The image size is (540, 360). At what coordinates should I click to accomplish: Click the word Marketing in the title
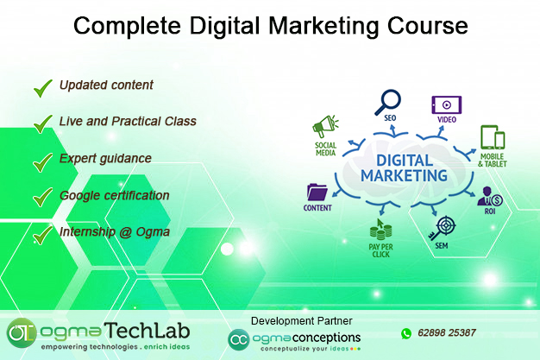(x=323, y=27)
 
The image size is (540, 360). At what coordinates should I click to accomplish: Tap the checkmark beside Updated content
(x=42, y=86)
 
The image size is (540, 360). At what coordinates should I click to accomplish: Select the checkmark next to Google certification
(x=42, y=197)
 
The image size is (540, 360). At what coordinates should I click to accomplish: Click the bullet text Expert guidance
(x=105, y=159)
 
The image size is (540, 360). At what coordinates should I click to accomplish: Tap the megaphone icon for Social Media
(x=324, y=126)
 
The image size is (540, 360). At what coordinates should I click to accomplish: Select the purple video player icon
(x=446, y=104)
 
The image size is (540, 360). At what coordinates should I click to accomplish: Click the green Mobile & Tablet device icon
(x=492, y=138)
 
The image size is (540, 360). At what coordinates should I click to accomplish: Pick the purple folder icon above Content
(x=317, y=192)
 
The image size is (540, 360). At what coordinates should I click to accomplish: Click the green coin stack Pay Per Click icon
(x=380, y=231)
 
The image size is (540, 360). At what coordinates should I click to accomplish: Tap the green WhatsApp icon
(x=406, y=332)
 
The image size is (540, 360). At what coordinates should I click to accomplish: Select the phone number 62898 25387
(x=448, y=333)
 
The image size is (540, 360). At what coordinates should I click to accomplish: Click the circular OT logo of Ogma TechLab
(x=21, y=332)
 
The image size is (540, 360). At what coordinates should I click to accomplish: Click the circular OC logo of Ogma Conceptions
(x=238, y=339)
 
